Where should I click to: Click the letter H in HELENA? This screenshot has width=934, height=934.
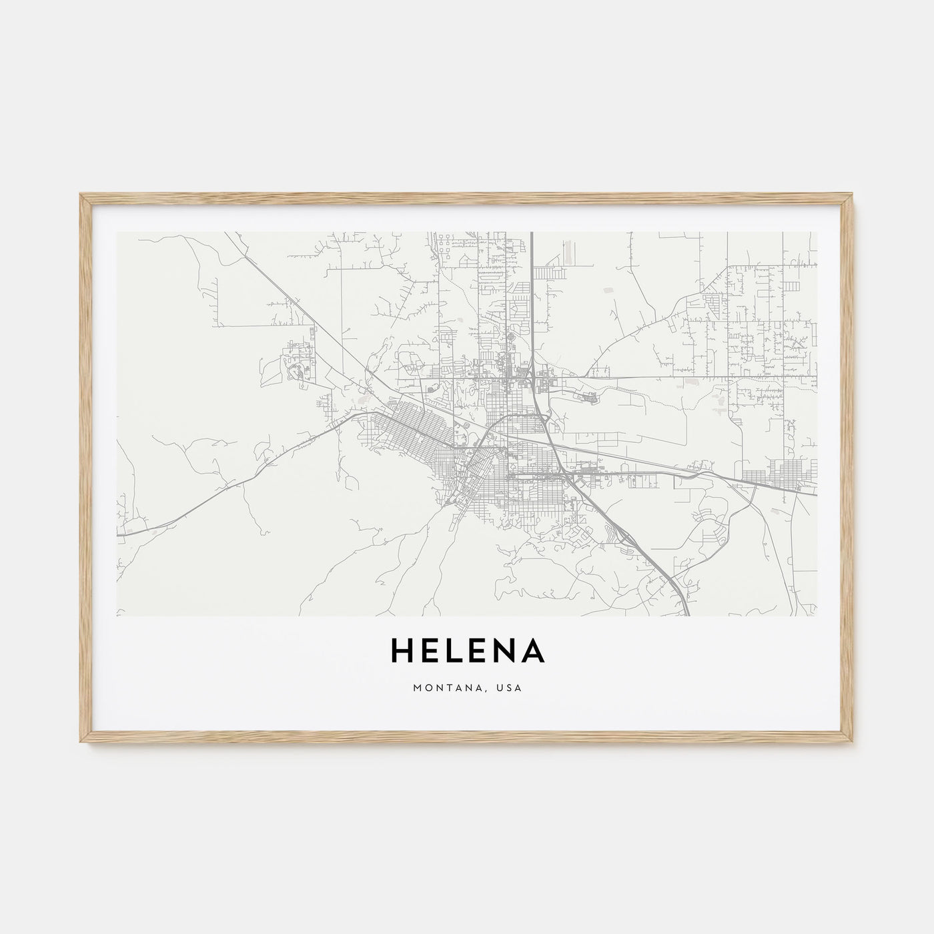[x=403, y=652]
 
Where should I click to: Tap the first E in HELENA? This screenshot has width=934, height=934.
[x=432, y=652]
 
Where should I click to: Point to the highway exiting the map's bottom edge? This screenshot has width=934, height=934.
[x=686, y=611]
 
